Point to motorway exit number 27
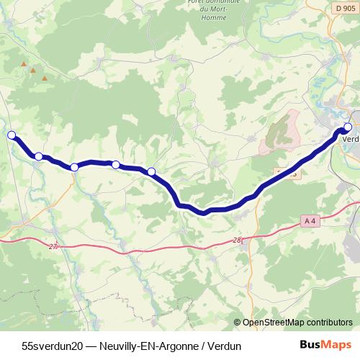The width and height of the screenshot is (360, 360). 53,246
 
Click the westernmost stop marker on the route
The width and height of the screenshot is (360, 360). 12,135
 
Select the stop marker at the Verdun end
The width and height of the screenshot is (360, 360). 348,127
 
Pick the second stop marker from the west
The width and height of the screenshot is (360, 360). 39,156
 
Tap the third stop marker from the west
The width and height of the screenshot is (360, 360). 74,167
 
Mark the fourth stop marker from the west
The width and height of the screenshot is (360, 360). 116,164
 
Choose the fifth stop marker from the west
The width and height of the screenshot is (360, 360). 151,171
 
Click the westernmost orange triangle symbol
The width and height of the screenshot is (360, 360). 24,65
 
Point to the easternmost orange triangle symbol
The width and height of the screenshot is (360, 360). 45,78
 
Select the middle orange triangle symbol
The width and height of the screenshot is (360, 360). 32,71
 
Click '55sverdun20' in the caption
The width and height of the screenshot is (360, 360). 53,346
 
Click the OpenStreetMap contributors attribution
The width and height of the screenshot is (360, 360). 297,322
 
